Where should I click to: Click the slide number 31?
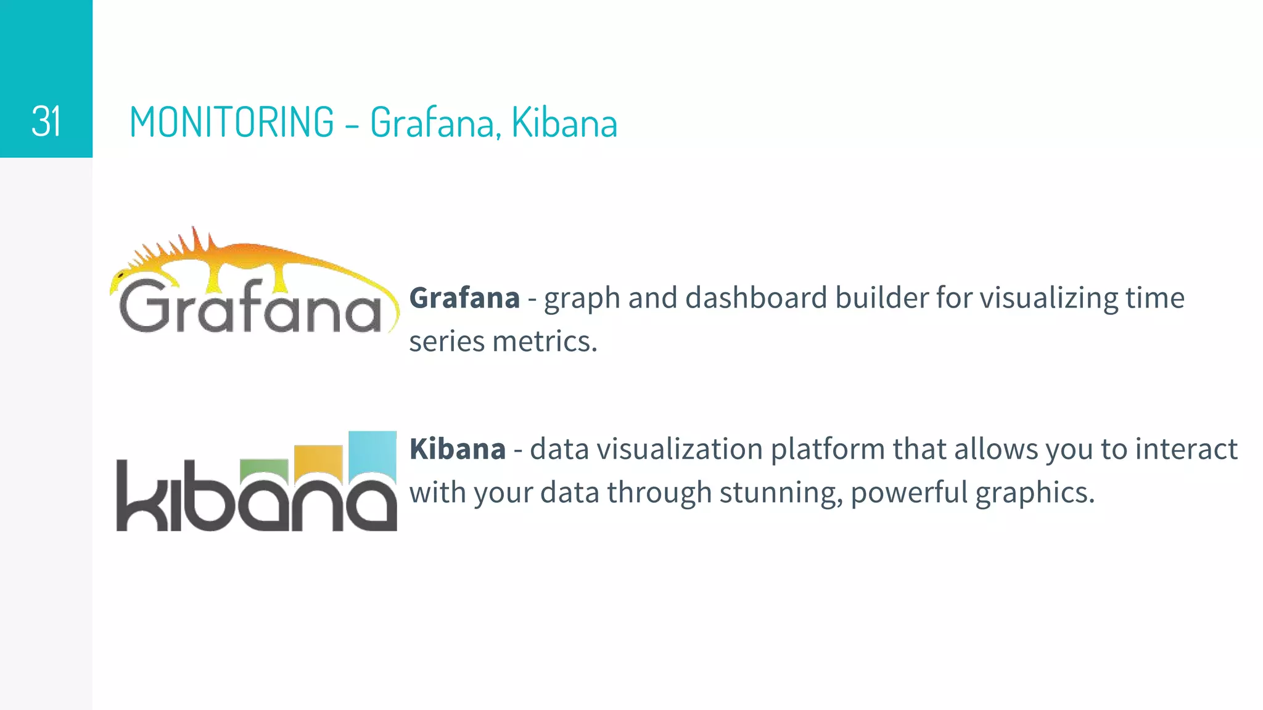click(46, 121)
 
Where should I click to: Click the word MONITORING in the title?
click(232, 122)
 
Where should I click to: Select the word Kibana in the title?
click(564, 122)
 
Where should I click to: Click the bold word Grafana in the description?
click(464, 298)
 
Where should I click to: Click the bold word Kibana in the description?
click(457, 449)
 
